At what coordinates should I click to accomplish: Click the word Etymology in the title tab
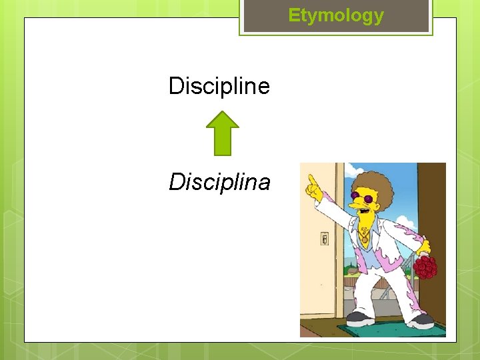click(336, 16)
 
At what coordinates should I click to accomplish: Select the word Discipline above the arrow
click(219, 86)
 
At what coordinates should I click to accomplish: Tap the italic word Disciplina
click(219, 181)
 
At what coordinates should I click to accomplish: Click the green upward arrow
click(222, 133)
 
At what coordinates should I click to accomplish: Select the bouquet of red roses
click(425, 267)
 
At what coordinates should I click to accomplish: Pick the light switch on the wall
click(324, 239)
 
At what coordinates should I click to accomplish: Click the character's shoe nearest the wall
click(359, 318)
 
